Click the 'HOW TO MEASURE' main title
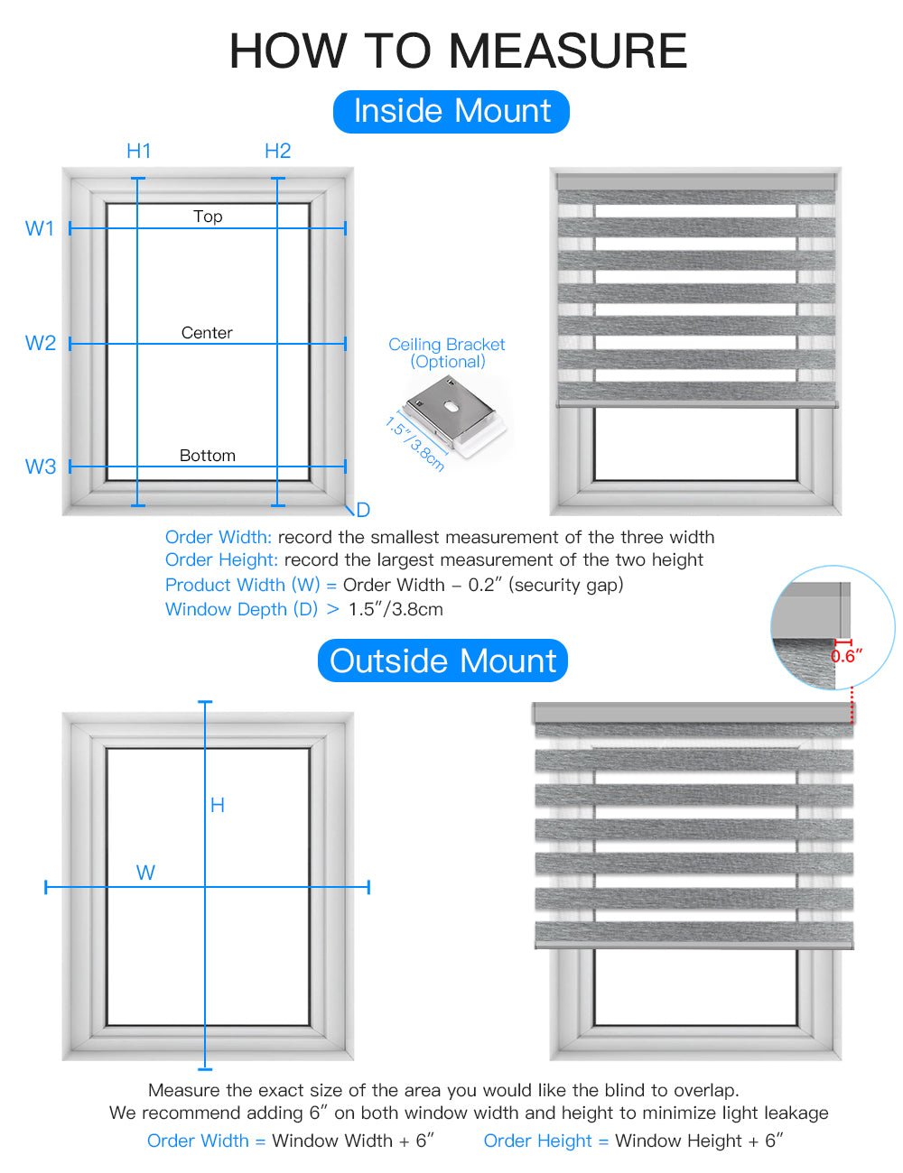click(458, 51)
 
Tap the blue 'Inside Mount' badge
click(451, 111)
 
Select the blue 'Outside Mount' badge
click(442, 660)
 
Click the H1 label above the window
click(138, 151)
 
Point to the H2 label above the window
click(277, 151)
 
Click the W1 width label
click(40, 228)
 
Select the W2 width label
click(40, 343)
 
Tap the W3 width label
click(40, 466)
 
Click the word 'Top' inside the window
click(208, 217)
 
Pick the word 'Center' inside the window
click(207, 333)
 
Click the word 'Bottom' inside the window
click(207, 456)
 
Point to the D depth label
click(363, 510)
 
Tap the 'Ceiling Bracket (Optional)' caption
click(446, 353)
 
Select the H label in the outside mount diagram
click(217, 805)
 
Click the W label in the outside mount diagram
click(145, 873)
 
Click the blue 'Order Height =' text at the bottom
click(545, 1141)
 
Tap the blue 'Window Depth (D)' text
click(241, 609)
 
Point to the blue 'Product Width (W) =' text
click(250, 585)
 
